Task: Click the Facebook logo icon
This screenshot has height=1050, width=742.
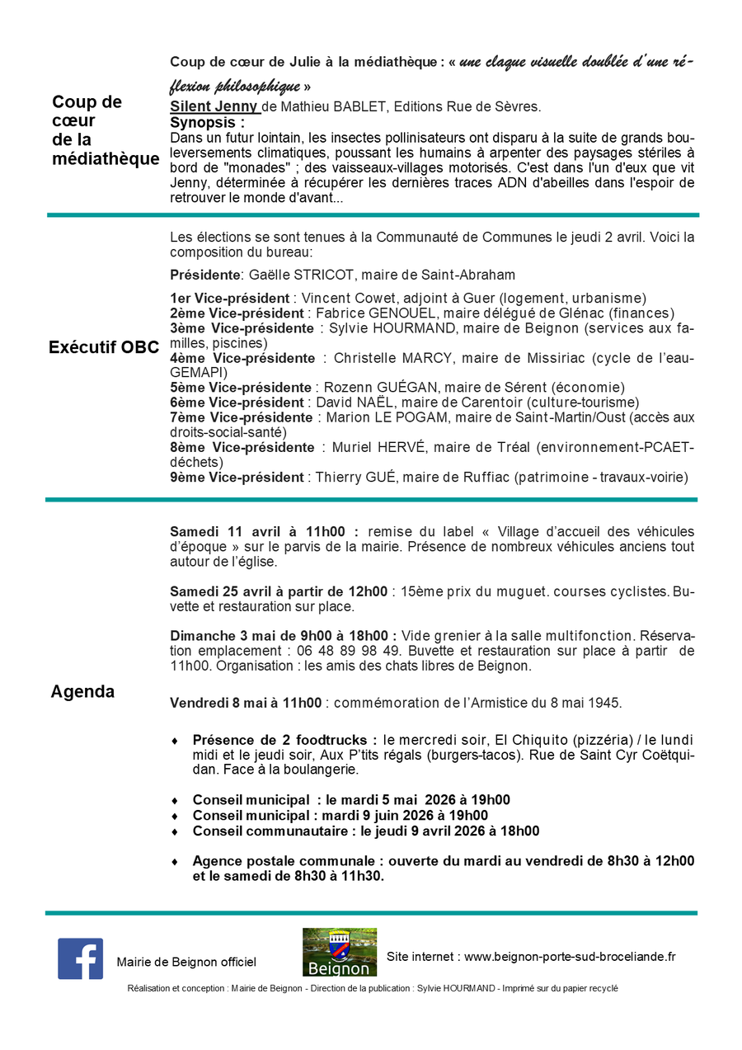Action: (x=80, y=958)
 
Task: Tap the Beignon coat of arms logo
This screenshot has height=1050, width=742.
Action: (x=339, y=952)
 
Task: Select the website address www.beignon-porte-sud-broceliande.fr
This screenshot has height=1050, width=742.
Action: (x=570, y=957)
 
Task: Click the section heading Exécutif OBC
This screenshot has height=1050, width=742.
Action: (x=104, y=347)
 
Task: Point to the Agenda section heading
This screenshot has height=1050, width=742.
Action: (x=82, y=692)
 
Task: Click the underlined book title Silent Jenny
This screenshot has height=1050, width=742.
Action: (x=214, y=106)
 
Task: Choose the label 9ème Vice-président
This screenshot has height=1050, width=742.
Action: (x=237, y=478)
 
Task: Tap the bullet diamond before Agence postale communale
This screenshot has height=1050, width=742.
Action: (x=175, y=861)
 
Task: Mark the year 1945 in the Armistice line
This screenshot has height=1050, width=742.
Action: (x=604, y=703)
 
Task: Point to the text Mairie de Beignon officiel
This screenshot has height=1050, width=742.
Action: (x=186, y=962)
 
